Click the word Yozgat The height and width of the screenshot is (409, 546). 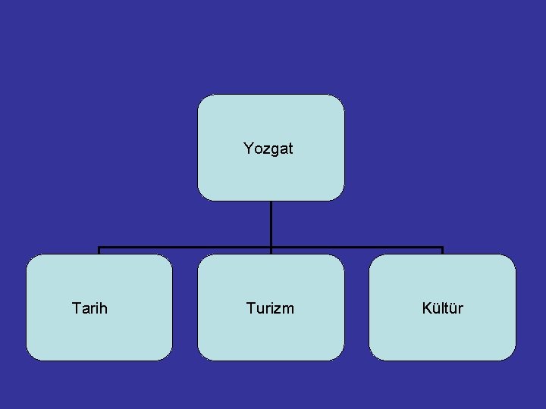coord(268,148)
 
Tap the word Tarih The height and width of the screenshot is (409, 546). coord(89,308)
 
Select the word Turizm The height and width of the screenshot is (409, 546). coord(270,308)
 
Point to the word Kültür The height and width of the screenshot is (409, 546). coord(442,308)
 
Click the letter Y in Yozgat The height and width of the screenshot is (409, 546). coord(248,148)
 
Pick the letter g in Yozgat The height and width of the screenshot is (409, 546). coord(272,150)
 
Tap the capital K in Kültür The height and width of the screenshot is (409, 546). coord(426,308)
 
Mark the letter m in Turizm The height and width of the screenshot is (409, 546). coord(288,309)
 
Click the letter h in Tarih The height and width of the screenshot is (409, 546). coord(103,308)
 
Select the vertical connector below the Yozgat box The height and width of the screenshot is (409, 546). coord(271,223)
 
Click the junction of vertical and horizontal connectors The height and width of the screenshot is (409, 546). coord(271,248)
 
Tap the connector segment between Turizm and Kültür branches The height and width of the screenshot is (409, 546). coord(356,248)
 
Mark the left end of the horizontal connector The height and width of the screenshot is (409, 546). coord(99,248)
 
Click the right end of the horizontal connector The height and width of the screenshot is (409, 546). coord(442,248)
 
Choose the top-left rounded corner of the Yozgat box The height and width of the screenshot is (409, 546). coord(202,99)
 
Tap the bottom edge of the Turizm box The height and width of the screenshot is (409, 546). coord(271,360)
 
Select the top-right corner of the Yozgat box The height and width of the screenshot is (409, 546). coord(339,99)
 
